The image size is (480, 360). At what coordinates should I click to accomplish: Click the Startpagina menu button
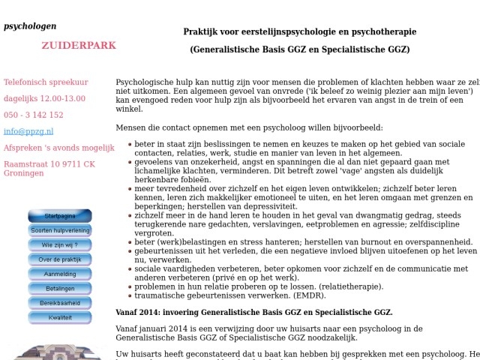click(x=60, y=216)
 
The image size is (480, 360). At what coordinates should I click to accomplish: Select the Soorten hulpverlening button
click(x=60, y=230)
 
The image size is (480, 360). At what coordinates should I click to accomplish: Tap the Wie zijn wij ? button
click(x=60, y=245)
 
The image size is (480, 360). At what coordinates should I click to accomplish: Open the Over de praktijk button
click(x=60, y=259)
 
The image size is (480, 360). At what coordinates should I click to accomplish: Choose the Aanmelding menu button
click(x=60, y=274)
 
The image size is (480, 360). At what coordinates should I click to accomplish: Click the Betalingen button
click(x=60, y=289)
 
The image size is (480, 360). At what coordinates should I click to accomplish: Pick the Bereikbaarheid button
click(x=60, y=303)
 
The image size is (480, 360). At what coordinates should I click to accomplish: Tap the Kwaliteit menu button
click(x=60, y=317)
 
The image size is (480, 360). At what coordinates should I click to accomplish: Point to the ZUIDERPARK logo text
click(x=79, y=46)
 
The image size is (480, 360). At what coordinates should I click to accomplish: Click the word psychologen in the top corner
click(x=30, y=26)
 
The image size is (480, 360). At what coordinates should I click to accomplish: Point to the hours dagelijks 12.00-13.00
click(x=44, y=98)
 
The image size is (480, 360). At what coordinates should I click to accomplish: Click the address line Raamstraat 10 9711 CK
click(x=49, y=164)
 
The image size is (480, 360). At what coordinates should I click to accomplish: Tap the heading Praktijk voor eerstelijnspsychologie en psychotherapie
click(x=299, y=31)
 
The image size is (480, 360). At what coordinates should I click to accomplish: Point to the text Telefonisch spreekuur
click(x=46, y=82)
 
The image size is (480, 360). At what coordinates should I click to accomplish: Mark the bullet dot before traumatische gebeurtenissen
click(x=130, y=297)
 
